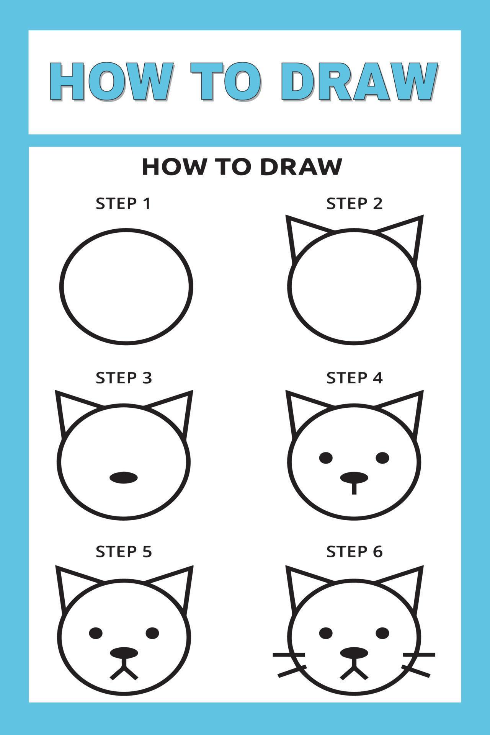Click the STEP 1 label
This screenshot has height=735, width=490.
point(123,204)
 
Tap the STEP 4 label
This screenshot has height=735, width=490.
point(354,378)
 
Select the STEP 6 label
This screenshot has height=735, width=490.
point(354,552)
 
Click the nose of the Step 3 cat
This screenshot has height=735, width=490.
point(123,477)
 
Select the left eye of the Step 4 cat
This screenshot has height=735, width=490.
point(326,457)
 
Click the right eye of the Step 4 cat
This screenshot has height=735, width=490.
point(382,457)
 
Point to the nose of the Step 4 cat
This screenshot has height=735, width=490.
point(354,477)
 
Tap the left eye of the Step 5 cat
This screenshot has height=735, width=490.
point(96,633)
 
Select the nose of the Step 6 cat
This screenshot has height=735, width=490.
point(354,652)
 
